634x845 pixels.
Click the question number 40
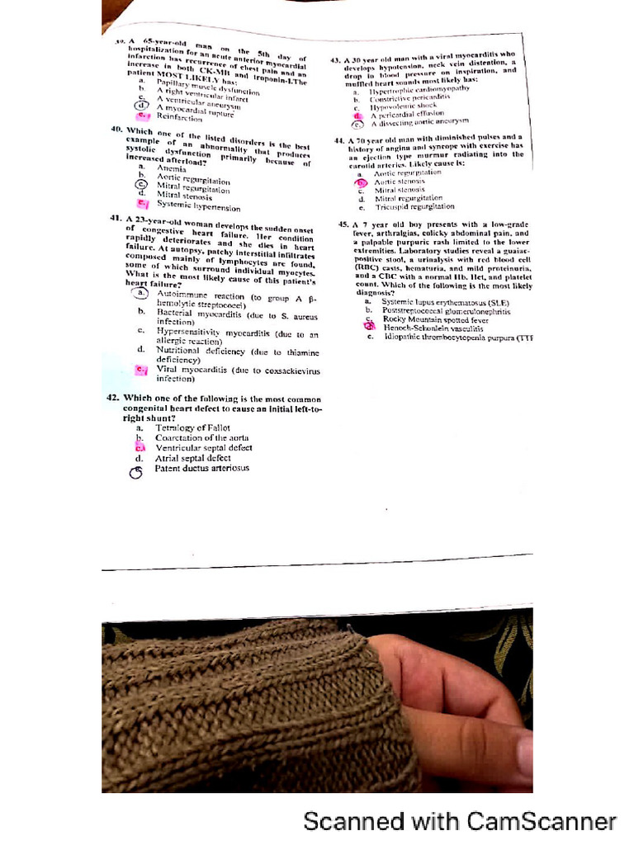[x=116, y=130]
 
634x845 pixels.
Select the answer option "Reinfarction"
[x=178, y=117]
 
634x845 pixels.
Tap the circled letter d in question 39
[x=141, y=106]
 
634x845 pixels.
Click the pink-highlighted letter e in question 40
[x=142, y=203]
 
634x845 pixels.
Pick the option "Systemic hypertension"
[x=198, y=205]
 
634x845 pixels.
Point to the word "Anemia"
[x=172, y=168]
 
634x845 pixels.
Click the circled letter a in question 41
[x=141, y=294]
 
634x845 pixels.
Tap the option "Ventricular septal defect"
[x=203, y=448]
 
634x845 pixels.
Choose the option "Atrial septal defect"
[x=193, y=458]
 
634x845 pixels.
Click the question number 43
[x=335, y=60]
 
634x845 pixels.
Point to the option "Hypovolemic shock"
[x=402, y=106]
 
